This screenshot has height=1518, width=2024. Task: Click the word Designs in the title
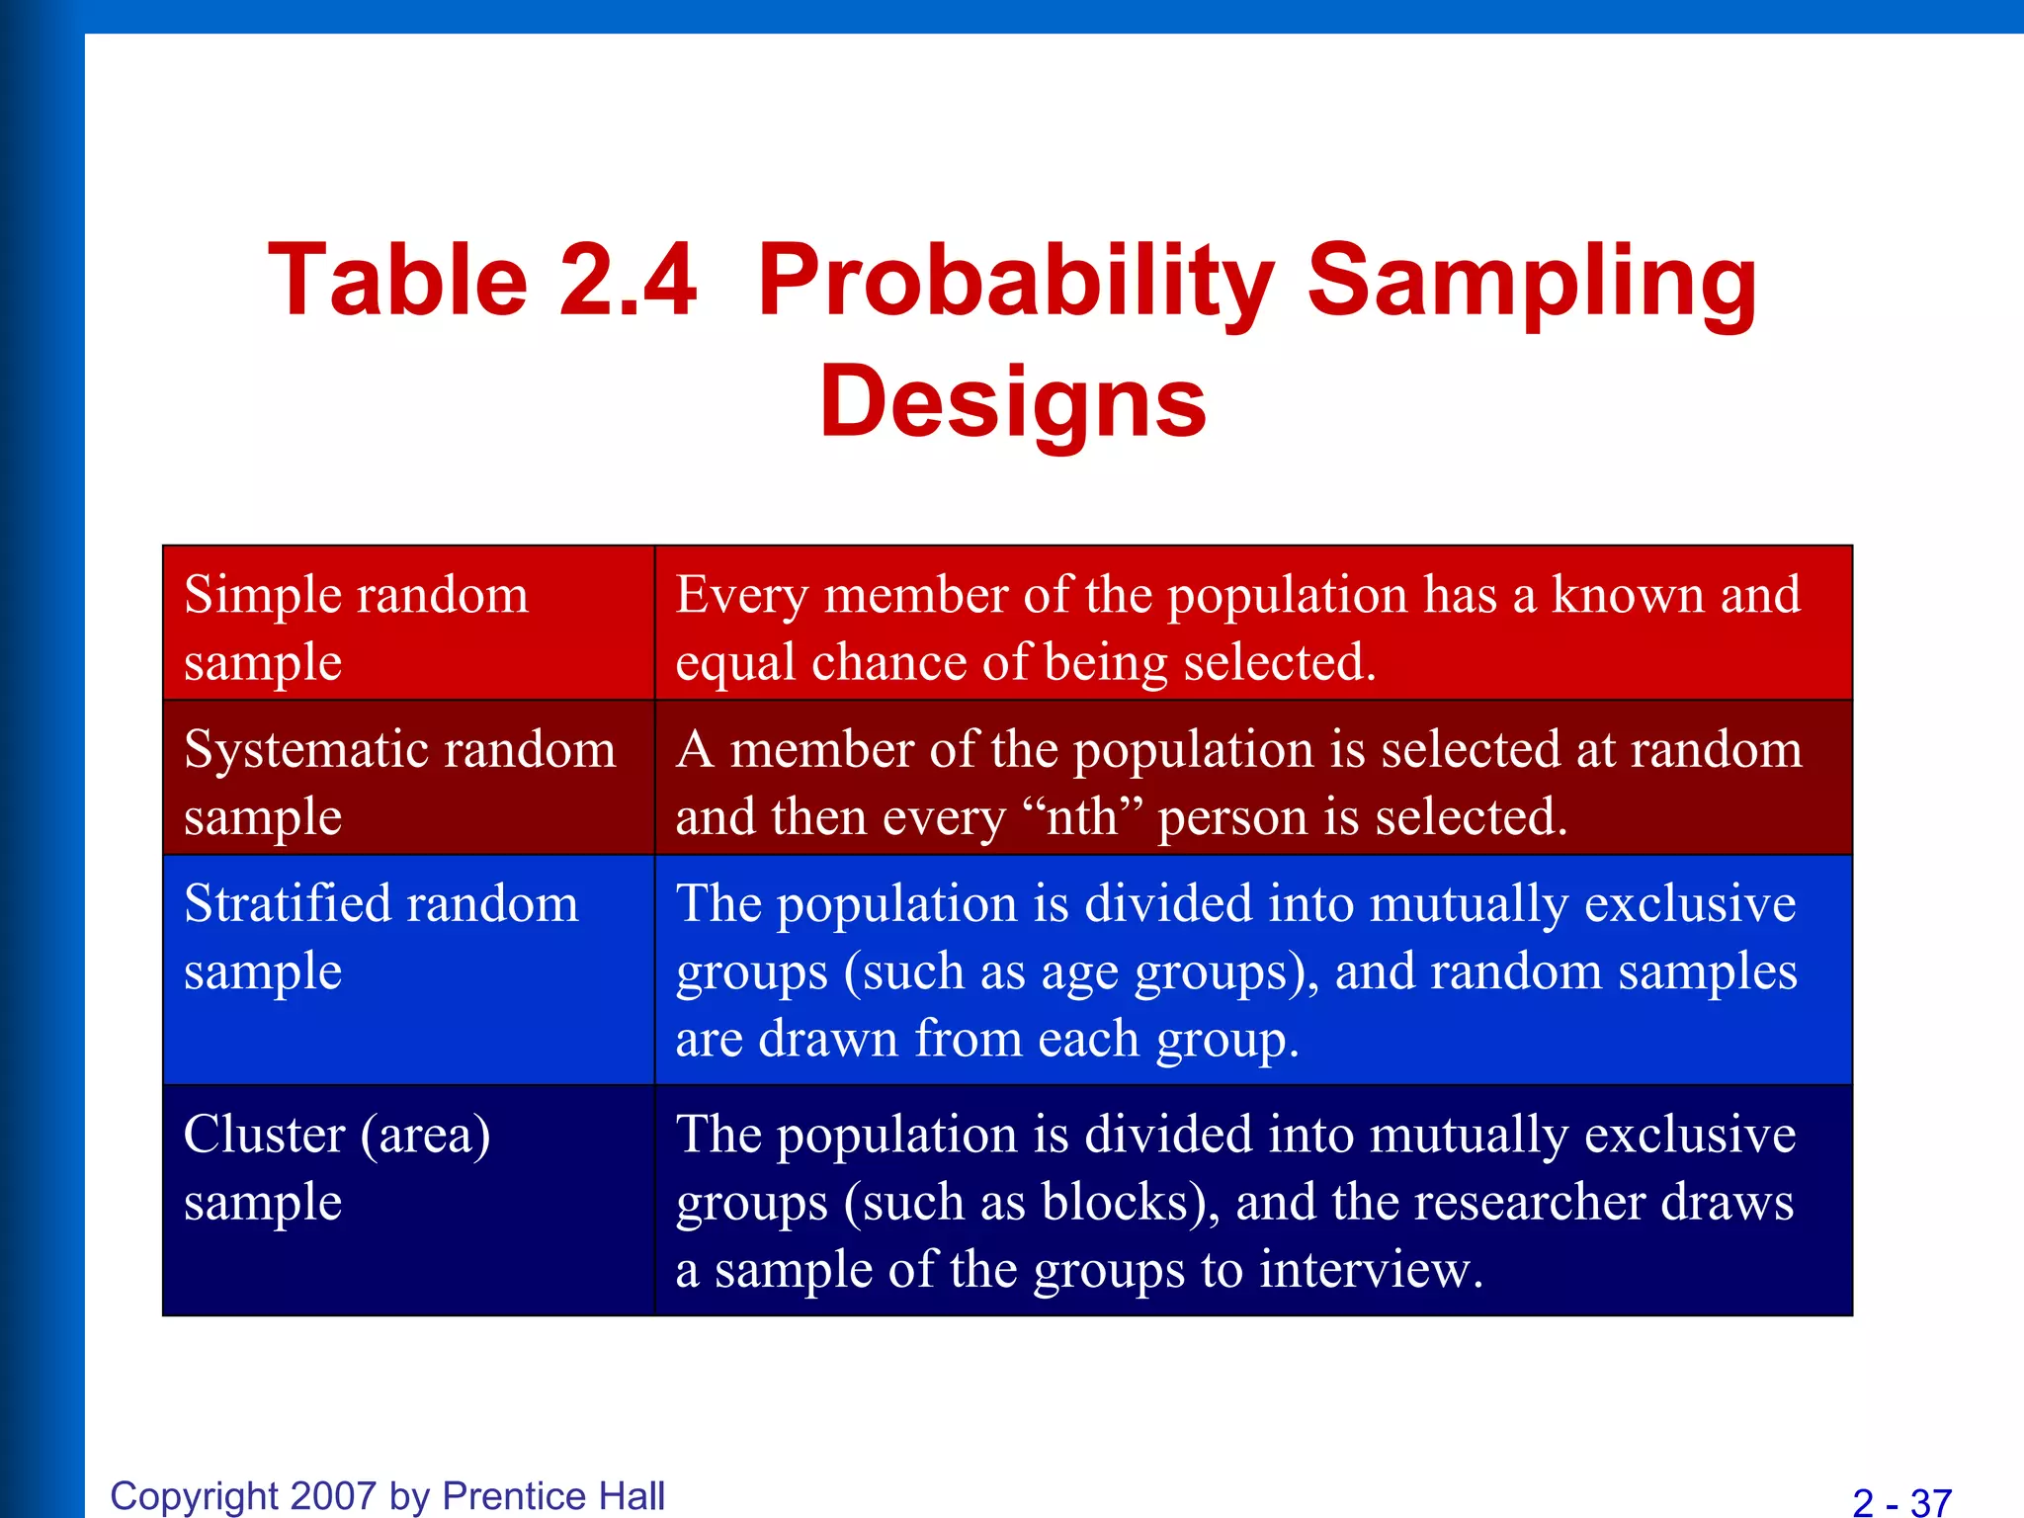tap(1013, 401)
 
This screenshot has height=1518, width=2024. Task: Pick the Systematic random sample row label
tap(400, 782)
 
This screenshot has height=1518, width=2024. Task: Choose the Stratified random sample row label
tap(381, 937)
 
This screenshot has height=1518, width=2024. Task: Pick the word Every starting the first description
tap(741, 596)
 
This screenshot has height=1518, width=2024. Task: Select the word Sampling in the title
tap(1532, 283)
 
